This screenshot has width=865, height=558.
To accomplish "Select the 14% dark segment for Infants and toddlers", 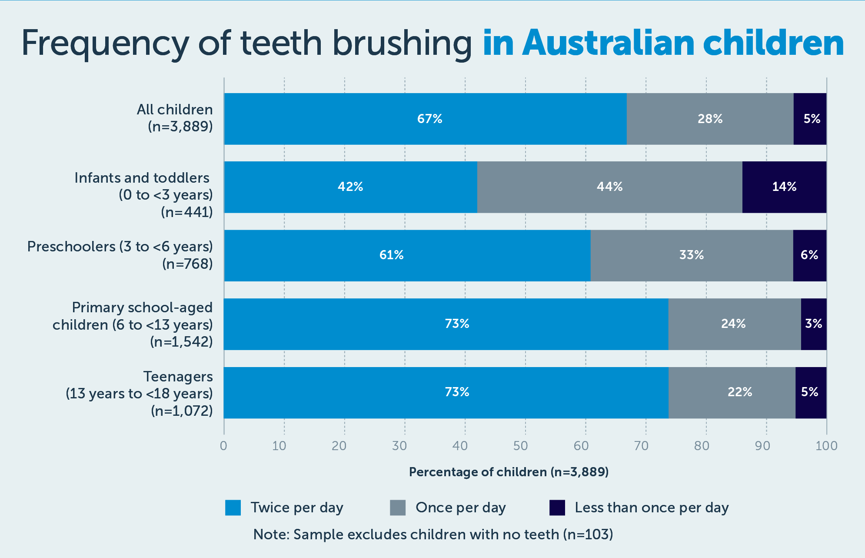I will pyautogui.click(x=784, y=187).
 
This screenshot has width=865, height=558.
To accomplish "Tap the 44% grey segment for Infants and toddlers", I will pyautogui.click(x=609, y=187).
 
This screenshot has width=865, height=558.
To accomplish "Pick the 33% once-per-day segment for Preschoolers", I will pyautogui.click(x=692, y=255).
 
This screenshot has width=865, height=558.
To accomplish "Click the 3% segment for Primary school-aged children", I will pyautogui.click(x=813, y=324).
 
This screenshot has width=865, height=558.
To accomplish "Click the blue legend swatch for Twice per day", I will pyautogui.click(x=233, y=508).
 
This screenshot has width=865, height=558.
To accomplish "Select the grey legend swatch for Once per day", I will pyautogui.click(x=398, y=508).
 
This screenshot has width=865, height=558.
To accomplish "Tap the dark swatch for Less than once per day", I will pyautogui.click(x=557, y=508).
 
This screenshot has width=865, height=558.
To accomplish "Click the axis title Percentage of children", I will pyautogui.click(x=509, y=472).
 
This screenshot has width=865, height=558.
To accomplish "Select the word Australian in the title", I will pyautogui.click(x=609, y=43).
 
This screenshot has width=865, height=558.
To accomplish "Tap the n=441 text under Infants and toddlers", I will pyautogui.click(x=187, y=212).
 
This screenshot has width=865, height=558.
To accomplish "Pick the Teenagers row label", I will pyautogui.click(x=178, y=376).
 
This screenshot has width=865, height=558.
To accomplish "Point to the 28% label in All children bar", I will pyautogui.click(x=710, y=119).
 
